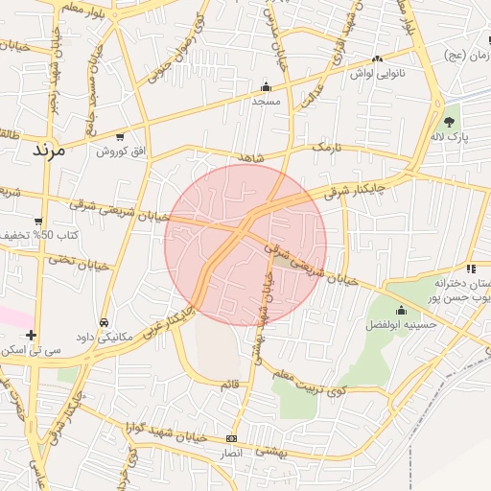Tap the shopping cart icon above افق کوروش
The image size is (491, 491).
tap(120, 137)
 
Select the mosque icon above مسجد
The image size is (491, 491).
tap(266, 86)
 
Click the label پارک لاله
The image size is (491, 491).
tap(450, 139)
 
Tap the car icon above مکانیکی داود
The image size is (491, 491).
tap(104, 323)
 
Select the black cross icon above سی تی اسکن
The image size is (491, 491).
tap(32, 335)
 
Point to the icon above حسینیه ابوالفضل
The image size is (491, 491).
tap(401, 311)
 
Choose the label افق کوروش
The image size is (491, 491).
tap(120, 152)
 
